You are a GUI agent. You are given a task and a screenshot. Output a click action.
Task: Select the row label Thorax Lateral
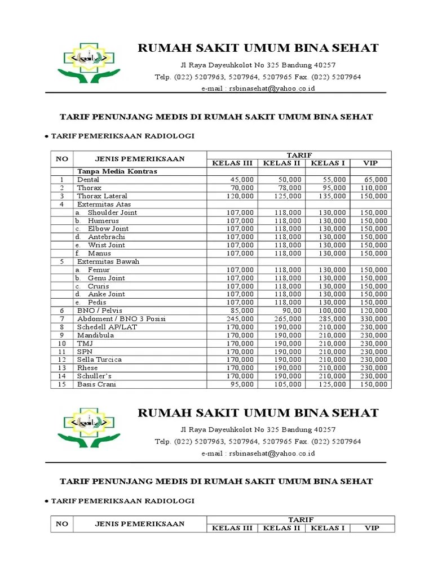103,196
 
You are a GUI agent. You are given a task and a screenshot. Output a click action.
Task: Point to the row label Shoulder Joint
112,212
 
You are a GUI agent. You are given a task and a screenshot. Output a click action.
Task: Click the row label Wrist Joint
106,245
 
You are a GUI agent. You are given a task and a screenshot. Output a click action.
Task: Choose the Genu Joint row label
106,278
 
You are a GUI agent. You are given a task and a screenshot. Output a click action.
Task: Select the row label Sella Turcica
99,359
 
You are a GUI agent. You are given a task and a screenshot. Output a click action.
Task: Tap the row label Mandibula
95,335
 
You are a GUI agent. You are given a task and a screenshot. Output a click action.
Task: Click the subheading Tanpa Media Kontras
117,171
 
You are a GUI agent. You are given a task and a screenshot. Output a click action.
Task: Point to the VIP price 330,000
374,319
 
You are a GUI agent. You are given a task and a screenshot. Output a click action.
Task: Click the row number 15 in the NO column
62,384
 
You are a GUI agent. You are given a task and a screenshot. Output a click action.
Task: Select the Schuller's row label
94,376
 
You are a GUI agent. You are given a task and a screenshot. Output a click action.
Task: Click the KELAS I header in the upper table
328,163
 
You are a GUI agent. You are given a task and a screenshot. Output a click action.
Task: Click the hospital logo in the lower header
89,427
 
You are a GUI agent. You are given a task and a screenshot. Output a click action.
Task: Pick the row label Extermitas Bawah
108,261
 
